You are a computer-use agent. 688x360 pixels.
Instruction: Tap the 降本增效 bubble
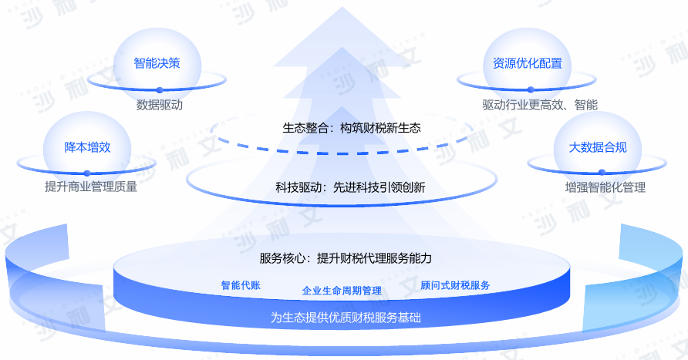click(x=87, y=147)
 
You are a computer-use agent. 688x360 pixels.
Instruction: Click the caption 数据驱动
click(x=160, y=105)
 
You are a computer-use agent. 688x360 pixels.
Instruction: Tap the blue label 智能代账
click(x=241, y=285)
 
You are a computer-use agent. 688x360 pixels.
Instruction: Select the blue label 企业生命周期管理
click(x=342, y=291)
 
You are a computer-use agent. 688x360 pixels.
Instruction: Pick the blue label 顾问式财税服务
click(x=455, y=285)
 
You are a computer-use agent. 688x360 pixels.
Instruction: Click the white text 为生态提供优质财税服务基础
click(x=346, y=317)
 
